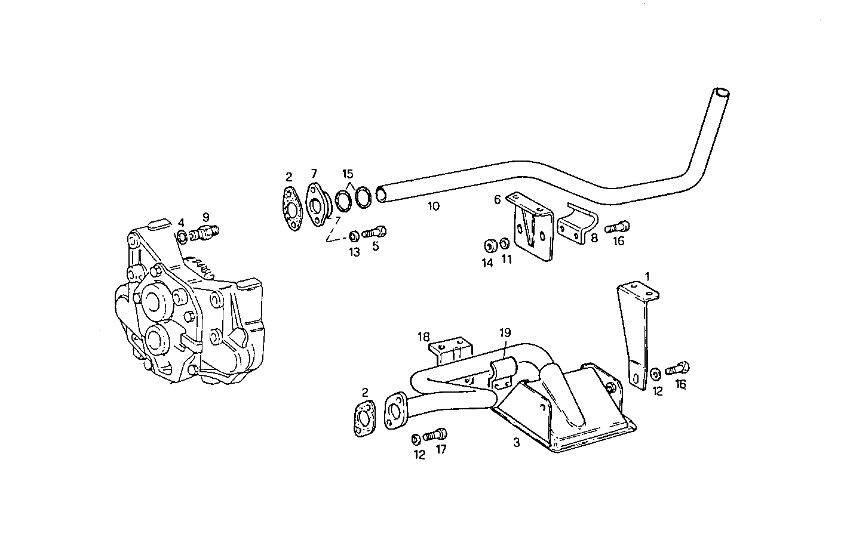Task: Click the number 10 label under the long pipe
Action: click(433, 206)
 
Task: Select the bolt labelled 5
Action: click(375, 231)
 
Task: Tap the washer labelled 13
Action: click(354, 233)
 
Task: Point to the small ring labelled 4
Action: click(182, 237)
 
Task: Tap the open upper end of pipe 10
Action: click(722, 94)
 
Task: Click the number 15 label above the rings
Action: click(348, 174)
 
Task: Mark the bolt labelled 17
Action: click(435, 435)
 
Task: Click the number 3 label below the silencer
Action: click(517, 443)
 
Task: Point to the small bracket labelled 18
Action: click(452, 351)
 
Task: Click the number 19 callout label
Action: click(505, 333)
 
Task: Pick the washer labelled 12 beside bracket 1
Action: click(655, 374)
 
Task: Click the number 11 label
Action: click(507, 259)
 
